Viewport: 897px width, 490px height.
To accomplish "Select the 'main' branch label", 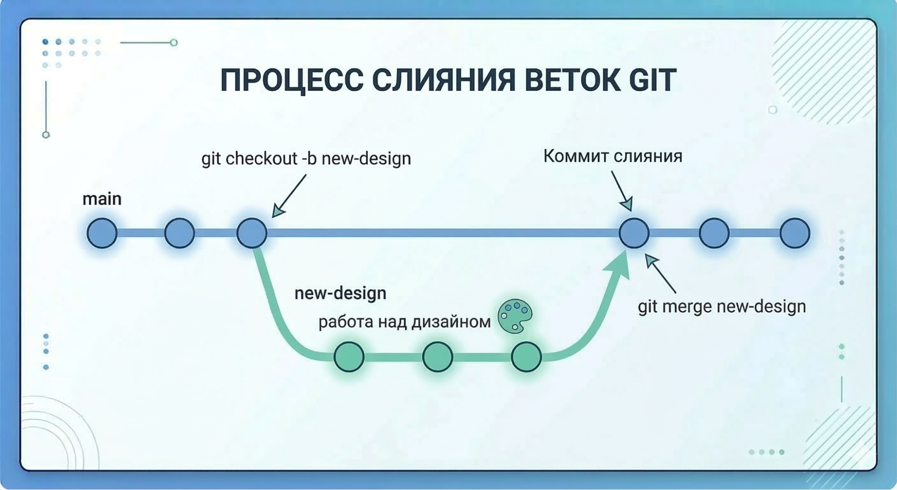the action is coord(102,199).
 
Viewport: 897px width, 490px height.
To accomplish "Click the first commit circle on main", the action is coord(102,233).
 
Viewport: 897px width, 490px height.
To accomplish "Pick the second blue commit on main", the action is coord(179,233).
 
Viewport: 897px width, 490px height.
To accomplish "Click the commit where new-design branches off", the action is coord(252,233).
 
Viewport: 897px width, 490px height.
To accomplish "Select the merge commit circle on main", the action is coord(634,233).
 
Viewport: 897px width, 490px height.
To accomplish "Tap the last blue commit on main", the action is coord(795,233).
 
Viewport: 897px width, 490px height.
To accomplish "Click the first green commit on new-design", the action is coord(349,357).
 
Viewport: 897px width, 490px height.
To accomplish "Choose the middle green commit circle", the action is coord(438,357).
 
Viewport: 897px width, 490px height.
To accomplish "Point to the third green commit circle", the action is coord(526,357).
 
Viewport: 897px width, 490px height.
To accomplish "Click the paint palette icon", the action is coord(515,316).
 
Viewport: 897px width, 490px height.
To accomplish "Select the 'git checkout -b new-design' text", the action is coord(306,159).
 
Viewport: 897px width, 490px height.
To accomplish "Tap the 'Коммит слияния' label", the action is coord(613,156).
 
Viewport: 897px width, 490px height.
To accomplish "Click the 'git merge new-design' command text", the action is coord(722,307).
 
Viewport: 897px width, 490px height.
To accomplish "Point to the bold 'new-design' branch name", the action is coord(340,293).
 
